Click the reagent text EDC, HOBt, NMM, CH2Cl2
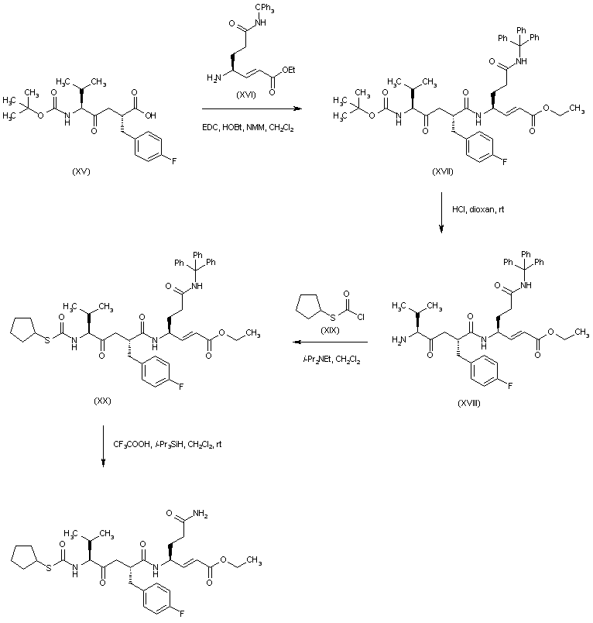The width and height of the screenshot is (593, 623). [249, 126]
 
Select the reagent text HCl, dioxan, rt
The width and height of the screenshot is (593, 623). [478, 209]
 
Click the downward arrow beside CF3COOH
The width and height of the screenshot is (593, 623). [103, 446]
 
